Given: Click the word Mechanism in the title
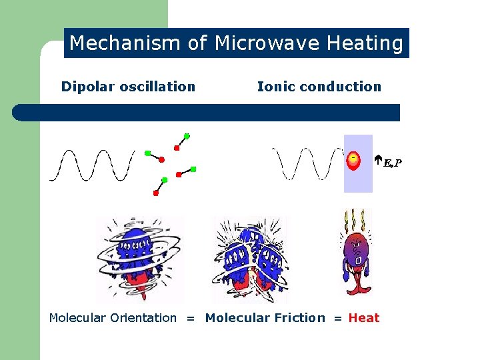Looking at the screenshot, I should click(125, 44).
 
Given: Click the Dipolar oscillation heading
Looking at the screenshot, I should click(128, 87).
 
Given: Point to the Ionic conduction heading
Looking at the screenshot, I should click(319, 87).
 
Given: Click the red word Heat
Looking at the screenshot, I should click(364, 318).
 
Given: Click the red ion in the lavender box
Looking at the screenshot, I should click(354, 159).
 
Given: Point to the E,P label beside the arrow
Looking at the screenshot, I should click(393, 163).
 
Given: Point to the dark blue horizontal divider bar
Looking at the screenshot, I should click(207, 113).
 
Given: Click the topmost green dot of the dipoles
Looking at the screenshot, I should click(187, 136).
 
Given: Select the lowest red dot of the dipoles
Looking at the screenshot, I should click(156, 193).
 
